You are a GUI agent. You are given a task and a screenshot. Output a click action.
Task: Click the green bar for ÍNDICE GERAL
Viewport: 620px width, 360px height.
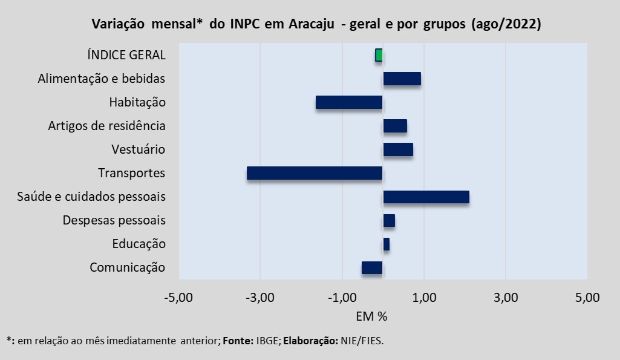[x=379, y=55]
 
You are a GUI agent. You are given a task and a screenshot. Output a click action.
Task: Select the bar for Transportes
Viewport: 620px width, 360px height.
[x=315, y=173]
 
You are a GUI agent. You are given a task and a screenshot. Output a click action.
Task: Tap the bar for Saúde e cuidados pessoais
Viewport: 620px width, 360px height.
[x=426, y=197]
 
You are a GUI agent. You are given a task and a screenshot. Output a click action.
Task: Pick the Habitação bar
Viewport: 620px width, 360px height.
[x=349, y=102]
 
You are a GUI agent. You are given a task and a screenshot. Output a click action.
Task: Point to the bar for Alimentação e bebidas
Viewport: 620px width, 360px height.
[x=402, y=79]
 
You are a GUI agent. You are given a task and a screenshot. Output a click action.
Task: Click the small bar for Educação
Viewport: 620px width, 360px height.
[x=386, y=244]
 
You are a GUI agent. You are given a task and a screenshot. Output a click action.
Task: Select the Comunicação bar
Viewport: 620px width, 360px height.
[x=372, y=267]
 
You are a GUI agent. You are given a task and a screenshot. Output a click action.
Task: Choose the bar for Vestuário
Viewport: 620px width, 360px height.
[x=398, y=149]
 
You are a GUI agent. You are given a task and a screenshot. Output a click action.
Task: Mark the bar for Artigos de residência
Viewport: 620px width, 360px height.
[x=395, y=126]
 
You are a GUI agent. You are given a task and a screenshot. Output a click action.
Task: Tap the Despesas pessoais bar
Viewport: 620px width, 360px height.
[x=389, y=220]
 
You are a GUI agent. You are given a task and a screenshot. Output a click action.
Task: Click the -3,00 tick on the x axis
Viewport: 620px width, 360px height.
[x=260, y=298]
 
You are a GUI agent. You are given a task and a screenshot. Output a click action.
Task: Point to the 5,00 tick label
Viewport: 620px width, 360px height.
[x=587, y=298]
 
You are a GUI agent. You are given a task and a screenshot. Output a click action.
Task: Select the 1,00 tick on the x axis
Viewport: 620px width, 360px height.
[x=424, y=298]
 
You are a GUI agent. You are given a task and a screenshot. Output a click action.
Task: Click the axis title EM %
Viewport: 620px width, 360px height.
[x=371, y=316]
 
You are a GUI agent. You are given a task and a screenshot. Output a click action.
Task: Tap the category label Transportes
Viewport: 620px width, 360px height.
[x=131, y=173]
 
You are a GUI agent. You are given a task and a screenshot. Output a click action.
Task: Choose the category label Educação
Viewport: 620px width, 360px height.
[x=139, y=244]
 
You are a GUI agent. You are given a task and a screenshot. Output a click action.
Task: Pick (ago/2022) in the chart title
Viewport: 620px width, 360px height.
[x=504, y=24]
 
